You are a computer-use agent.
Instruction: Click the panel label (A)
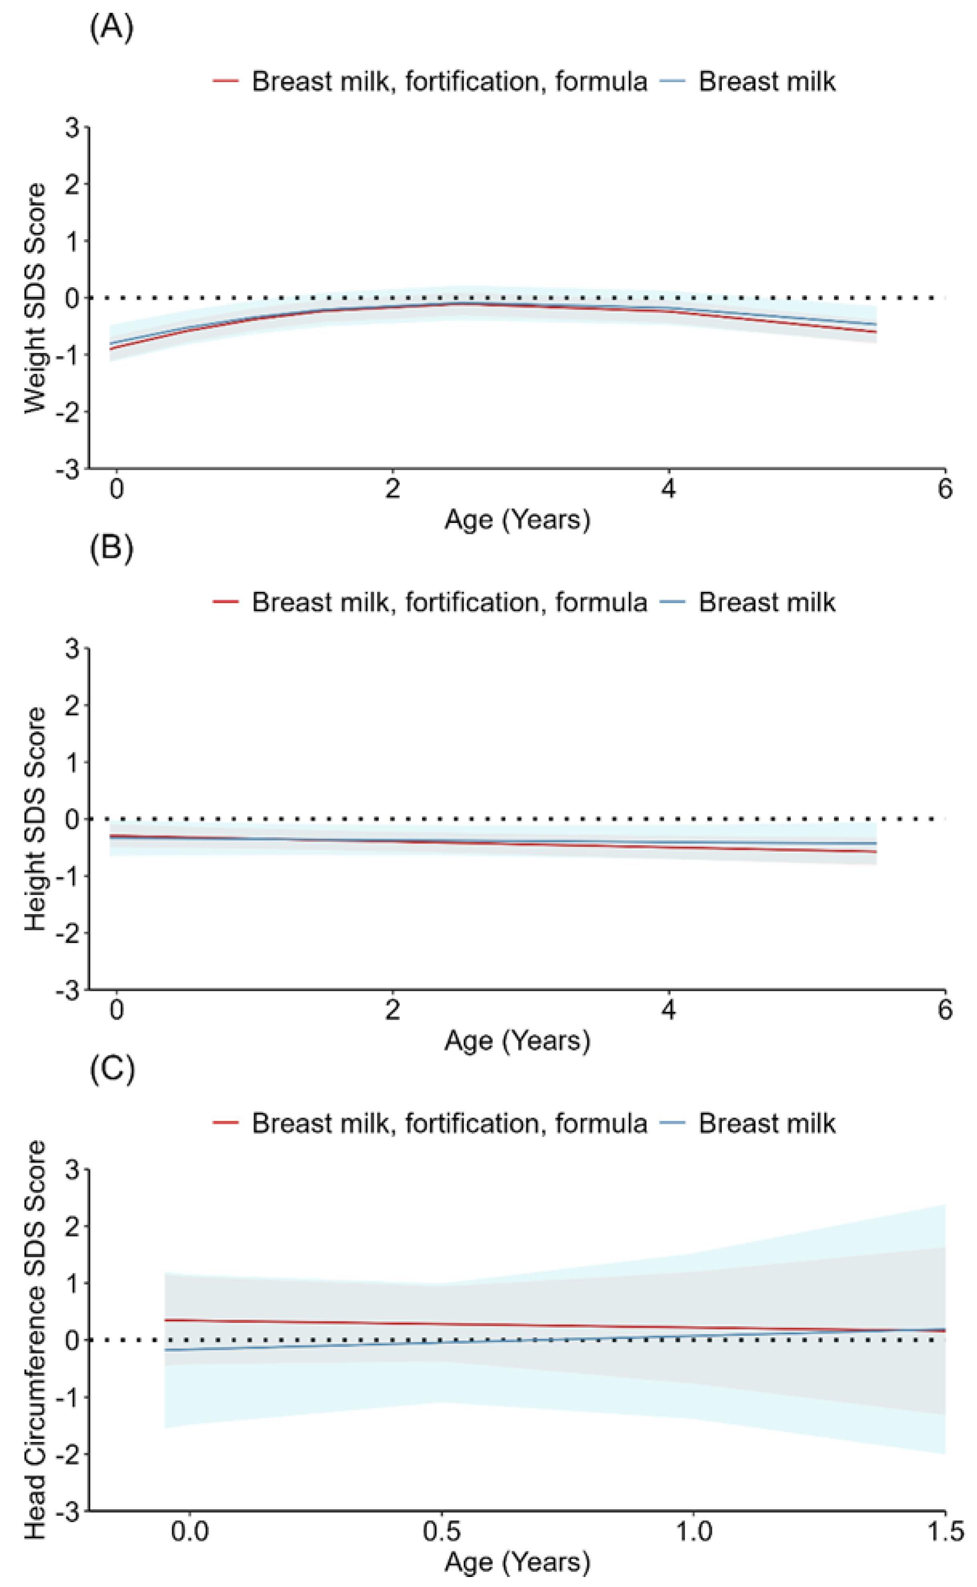click(112, 28)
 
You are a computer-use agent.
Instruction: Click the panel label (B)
click(112, 548)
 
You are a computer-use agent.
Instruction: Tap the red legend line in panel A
click(226, 81)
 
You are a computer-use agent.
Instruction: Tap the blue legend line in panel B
click(673, 602)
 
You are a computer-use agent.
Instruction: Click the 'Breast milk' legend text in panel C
click(767, 1123)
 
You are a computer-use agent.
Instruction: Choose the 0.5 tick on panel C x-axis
click(441, 1531)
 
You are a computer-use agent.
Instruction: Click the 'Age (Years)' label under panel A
click(517, 519)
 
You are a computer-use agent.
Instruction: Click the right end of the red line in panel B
click(876, 852)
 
